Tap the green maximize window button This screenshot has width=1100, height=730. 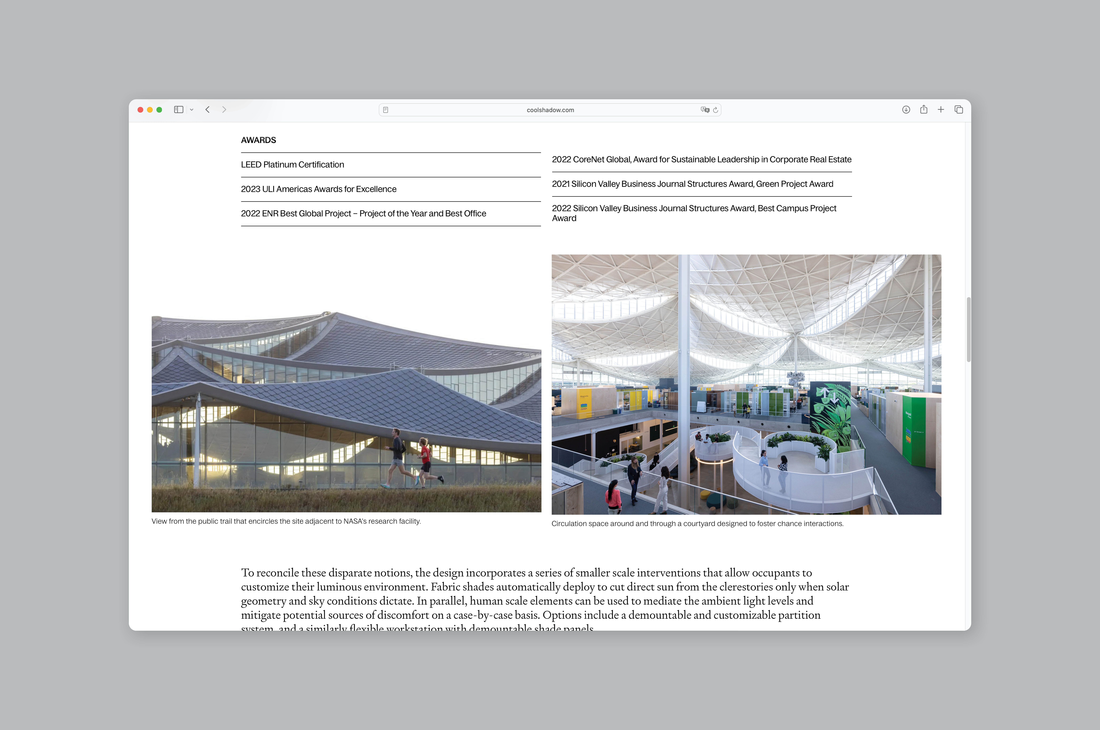tap(159, 110)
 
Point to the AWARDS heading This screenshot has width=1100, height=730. tap(258, 140)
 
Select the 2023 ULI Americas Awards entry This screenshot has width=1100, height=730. tap(318, 189)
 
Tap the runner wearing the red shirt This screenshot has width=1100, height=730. tap(425, 461)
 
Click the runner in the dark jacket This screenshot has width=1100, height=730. tap(397, 456)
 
